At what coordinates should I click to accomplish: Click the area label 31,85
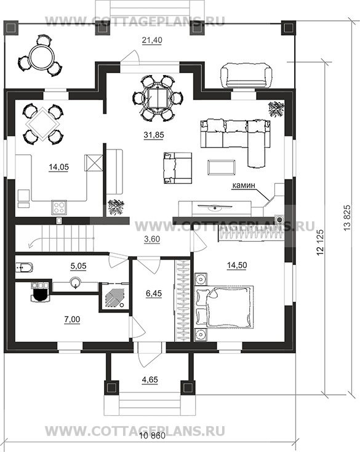click(x=154, y=135)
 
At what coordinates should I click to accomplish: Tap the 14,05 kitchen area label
click(x=59, y=167)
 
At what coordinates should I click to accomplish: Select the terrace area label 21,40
click(x=152, y=41)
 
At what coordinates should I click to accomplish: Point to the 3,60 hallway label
click(x=152, y=239)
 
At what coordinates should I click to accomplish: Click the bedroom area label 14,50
click(x=236, y=265)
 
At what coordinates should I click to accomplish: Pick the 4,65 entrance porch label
click(x=150, y=379)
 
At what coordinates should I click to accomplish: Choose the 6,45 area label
click(x=154, y=293)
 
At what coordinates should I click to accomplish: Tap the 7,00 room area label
click(x=72, y=319)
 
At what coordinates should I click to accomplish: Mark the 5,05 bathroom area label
click(x=79, y=266)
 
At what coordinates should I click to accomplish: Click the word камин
click(x=244, y=185)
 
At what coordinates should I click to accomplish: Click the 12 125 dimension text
click(x=320, y=242)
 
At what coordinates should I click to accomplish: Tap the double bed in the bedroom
click(x=225, y=307)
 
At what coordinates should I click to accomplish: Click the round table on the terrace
click(x=42, y=56)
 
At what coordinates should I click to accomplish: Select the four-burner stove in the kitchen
click(x=60, y=207)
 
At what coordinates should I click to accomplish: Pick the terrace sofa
click(x=246, y=76)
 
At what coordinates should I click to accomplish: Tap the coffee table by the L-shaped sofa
click(x=222, y=167)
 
